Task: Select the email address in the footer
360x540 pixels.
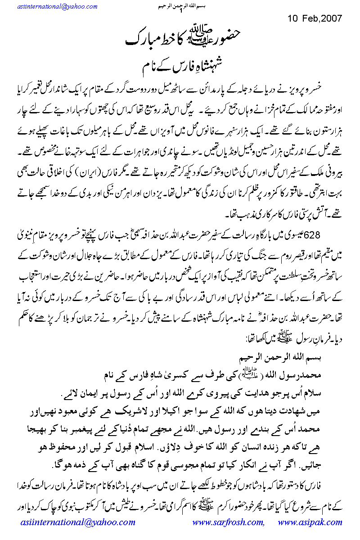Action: (x=77, y=522)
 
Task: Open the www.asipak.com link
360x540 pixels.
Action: (x=310, y=522)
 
